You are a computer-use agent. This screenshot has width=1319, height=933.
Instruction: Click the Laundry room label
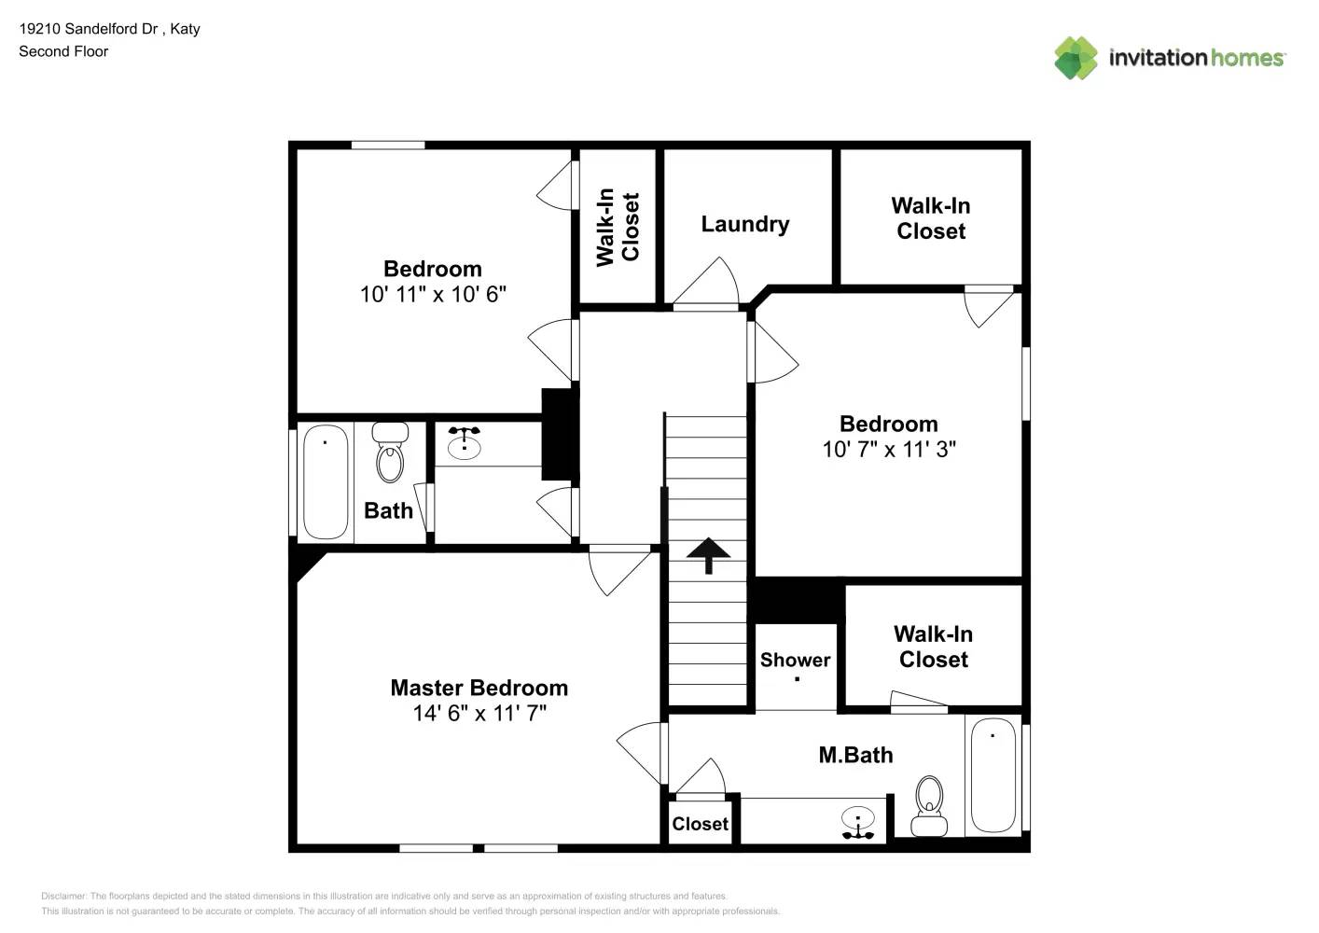(x=744, y=224)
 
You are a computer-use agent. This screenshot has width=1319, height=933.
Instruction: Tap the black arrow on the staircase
(x=708, y=554)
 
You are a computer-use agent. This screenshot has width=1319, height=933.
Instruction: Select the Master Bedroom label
(x=479, y=688)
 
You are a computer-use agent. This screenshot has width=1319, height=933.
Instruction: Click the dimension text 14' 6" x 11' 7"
(x=479, y=714)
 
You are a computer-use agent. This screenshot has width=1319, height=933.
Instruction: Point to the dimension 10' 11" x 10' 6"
(x=433, y=294)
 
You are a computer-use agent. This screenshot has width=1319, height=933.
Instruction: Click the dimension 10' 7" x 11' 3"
(x=888, y=449)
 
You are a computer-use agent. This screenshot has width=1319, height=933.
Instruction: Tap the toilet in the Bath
(x=390, y=453)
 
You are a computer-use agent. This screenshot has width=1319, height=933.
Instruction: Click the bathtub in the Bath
(x=326, y=481)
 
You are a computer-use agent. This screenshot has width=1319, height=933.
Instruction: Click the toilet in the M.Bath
(x=929, y=806)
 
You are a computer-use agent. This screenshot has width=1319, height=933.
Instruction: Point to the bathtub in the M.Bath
(x=993, y=774)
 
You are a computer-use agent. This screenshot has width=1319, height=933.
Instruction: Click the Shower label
(x=795, y=660)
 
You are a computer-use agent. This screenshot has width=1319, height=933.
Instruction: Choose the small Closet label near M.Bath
(x=700, y=824)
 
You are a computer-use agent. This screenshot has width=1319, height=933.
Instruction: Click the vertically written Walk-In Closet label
(x=618, y=227)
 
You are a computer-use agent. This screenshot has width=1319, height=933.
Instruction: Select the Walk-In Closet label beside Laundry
(x=930, y=218)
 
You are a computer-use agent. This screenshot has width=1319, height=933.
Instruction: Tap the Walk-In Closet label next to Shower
(x=933, y=647)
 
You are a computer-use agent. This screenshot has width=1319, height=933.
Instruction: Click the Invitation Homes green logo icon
(x=1076, y=58)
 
